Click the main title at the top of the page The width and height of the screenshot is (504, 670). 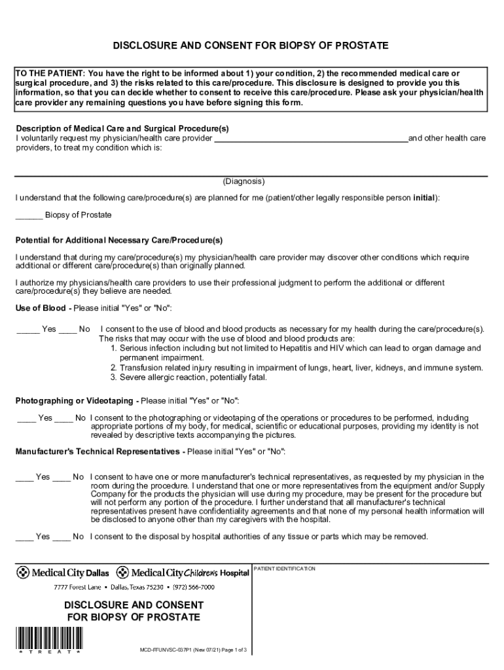coord(251,45)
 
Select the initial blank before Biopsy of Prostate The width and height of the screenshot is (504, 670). coord(29,216)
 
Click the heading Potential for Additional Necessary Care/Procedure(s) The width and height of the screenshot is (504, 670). coord(119,240)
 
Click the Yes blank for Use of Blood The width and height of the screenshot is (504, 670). coord(27,330)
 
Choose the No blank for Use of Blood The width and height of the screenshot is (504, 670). coord(67,330)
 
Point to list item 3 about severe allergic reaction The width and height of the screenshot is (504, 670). coord(188,377)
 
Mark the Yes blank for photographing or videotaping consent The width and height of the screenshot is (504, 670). coord(26,418)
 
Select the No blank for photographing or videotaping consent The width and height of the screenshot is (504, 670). coord(63,418)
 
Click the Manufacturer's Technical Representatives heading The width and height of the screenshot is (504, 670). coord(97,451)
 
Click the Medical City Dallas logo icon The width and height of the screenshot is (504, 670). coord(23,573)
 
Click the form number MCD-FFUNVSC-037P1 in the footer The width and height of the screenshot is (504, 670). coord(167,651)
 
